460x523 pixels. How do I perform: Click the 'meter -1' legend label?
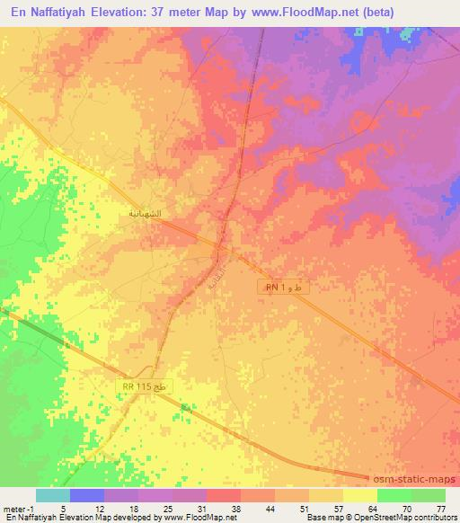click(21, 509)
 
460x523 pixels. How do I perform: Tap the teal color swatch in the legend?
click(53, 495)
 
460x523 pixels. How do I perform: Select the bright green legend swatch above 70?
click(394, 495)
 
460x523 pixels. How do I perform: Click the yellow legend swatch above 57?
click(325, 495)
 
